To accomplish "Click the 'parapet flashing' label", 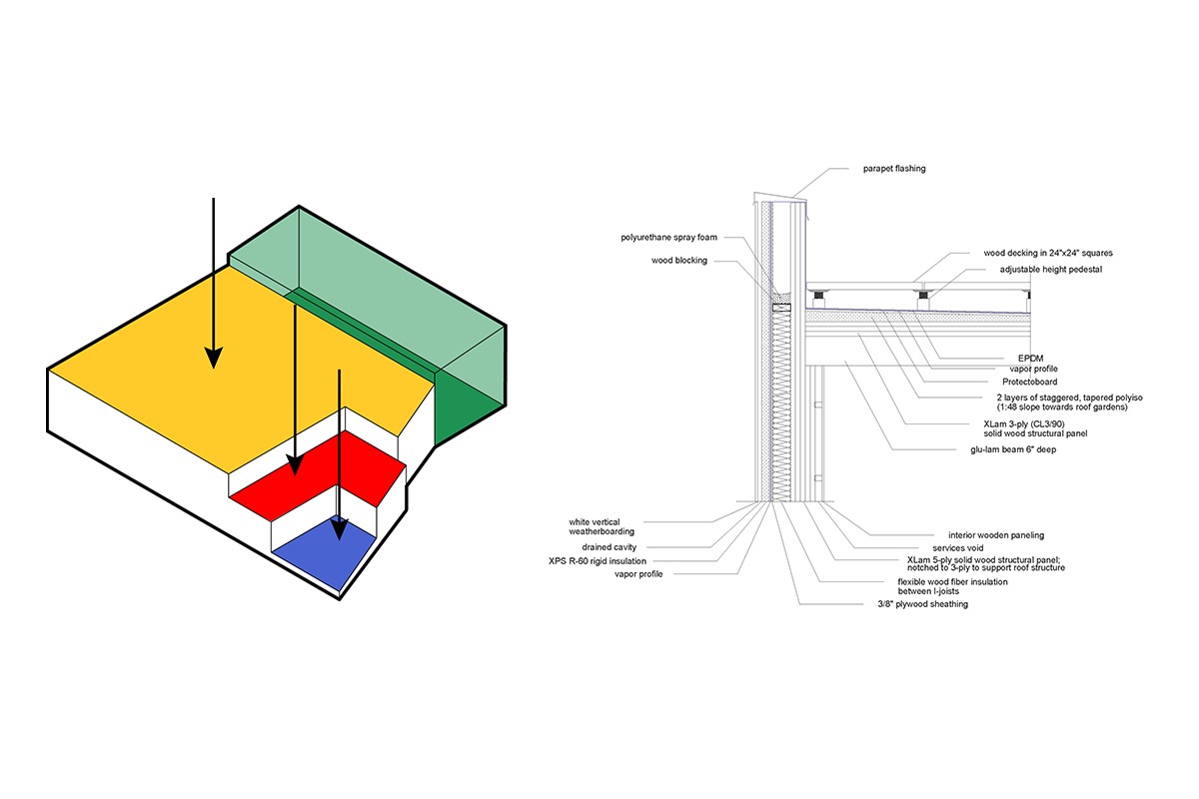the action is point(894,169).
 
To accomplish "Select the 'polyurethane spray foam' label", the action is point(668,237).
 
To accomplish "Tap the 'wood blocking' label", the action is point(678,260).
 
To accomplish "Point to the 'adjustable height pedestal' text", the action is point(1051,270).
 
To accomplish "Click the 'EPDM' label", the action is point(1030,358).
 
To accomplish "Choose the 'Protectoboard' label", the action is point(1029,382).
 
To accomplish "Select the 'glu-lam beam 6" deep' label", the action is point(1013,449).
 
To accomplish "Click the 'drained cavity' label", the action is point(609,547).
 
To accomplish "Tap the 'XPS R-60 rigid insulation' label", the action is point(598,561).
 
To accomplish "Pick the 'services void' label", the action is point(957,548).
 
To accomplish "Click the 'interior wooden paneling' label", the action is point(996,535).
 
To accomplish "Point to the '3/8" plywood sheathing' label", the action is point(923,604).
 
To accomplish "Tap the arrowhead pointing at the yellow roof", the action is point(214,358).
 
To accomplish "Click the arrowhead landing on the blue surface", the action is point(339,528).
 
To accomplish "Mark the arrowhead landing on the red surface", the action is point(295,464).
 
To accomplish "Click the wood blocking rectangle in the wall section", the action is point(781,308).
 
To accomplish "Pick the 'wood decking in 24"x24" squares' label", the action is point(1048,253).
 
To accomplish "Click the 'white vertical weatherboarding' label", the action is point(601,526).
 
